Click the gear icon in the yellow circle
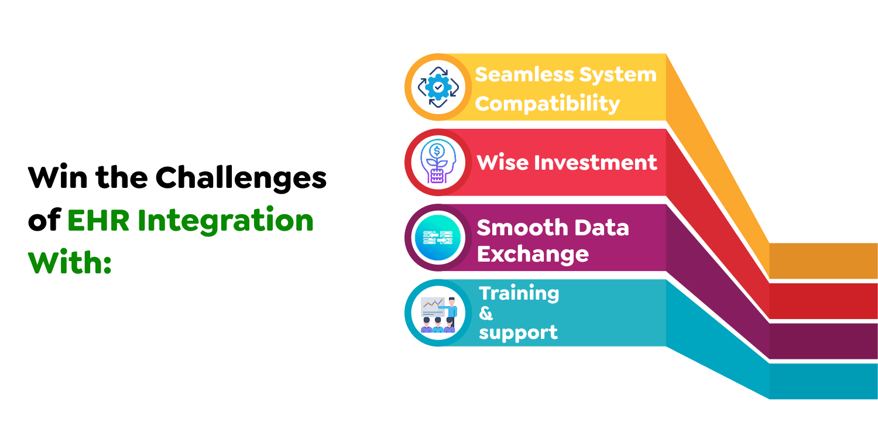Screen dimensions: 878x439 [438, 87]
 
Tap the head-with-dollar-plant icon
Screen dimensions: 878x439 [438, 162]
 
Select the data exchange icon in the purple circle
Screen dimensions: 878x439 [438, 238]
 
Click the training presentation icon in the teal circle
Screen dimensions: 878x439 [439, 315]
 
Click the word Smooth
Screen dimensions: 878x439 [523, 228]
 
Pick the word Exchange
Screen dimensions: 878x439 [533, 254]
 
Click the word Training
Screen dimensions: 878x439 [519, 294]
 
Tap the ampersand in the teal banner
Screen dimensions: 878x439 [486, 314]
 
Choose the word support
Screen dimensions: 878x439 [518, 333]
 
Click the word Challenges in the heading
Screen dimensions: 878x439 [241, 179]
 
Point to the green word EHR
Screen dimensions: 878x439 [98, 220]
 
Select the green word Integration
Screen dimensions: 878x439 [225, 221]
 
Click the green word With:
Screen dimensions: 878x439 [70, 262]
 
